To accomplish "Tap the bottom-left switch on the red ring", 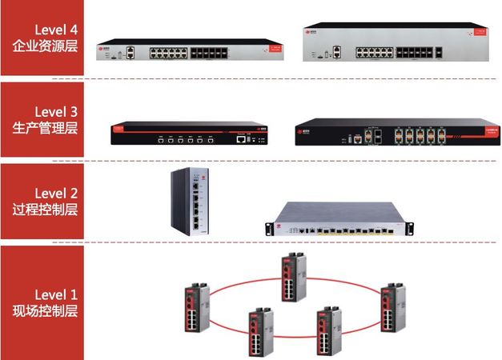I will click(259, 330).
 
